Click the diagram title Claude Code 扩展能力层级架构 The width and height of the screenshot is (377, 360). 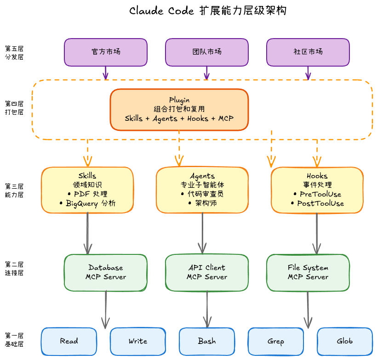pyautogui.click(x=208, y=11)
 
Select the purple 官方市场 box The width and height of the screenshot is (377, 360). pyautogui.click(x=106, y=52)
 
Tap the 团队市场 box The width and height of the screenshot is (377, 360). pyautogui.click(x=207, y=52)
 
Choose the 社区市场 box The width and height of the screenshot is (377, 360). pyautogui.click(x=308, y=52)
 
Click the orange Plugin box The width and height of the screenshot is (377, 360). pyautogui.click(x=179, y=109)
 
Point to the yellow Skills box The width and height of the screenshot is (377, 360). pyautogui.click(x=87, y=190)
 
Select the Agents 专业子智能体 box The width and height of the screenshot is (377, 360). pyautogui.click(x=202, y=190)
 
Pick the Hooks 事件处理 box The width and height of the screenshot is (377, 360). pyautogui.click(x=317, y=190)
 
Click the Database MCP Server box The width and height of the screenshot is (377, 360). pyautogui.click(x=106, y=272)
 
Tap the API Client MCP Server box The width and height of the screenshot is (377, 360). pyautogui.click(x=207, y=272)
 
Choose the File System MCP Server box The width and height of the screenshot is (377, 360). pyautogui.click(x=308, y=272)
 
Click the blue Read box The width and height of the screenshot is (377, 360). pyautogui.click(x=69, y=341)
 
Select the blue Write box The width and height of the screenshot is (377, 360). pyautogui.click(x=138, y=341)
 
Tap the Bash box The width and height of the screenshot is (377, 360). pyautogui.click(x=207, y=341)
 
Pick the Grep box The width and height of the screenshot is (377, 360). pyautogui.click(x=276, y=341)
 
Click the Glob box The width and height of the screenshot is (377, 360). pyautogui.click(x=345, y=341)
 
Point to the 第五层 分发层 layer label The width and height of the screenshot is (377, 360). pyautogui.click(x=14, y=52)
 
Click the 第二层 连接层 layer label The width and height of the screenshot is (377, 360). pyautogui.click(x=14, y=269)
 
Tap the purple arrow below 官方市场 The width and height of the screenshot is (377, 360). pyautogui.click(x=106, y=73)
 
